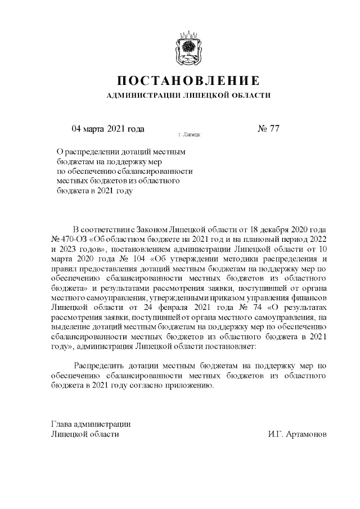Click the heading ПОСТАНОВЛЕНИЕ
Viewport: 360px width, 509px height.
[188, 80]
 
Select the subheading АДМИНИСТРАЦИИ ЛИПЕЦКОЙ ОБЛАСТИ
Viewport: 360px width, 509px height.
[188, 96]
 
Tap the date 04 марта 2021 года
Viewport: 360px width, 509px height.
[108, 129]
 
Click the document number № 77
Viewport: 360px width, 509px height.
[268, 129]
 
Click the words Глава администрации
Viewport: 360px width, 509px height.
[91, 424]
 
